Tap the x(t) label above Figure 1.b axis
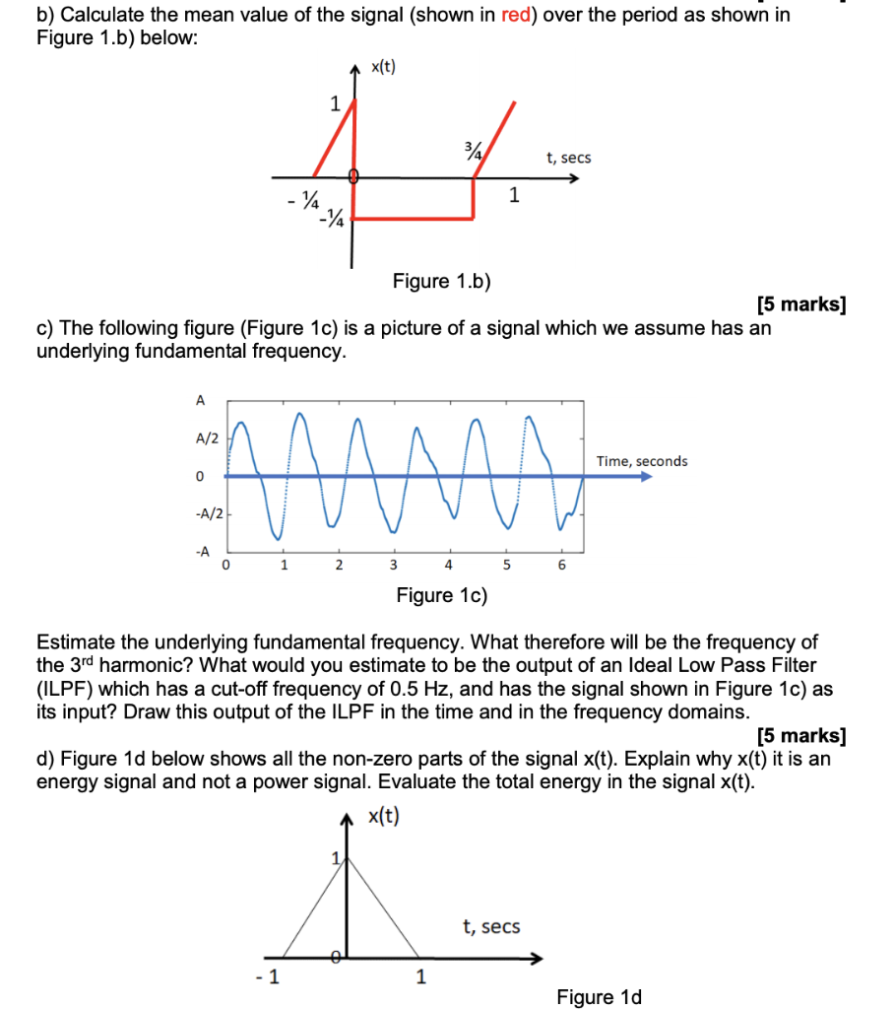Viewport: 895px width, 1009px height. click(x=383, y=67)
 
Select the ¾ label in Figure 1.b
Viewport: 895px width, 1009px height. click(x=474, y=151)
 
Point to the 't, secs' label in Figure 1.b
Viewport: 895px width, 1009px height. click(x=568, y=158)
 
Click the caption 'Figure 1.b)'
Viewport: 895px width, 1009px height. click(x=442, y=282)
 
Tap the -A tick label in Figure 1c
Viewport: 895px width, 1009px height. click(x=203, y=552)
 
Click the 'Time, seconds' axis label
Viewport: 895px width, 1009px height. click(x=642, y=461)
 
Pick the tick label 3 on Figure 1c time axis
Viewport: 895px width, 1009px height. click(x=393, y=566)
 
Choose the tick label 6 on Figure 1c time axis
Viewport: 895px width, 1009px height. click(x=562, y=566)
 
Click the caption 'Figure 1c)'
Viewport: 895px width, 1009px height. click(x=442, y=595)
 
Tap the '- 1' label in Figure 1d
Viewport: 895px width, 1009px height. click(x=266, y=978)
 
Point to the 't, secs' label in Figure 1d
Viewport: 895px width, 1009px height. click(x=491, y=926)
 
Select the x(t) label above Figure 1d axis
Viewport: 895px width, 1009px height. click(x=383, y=817)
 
